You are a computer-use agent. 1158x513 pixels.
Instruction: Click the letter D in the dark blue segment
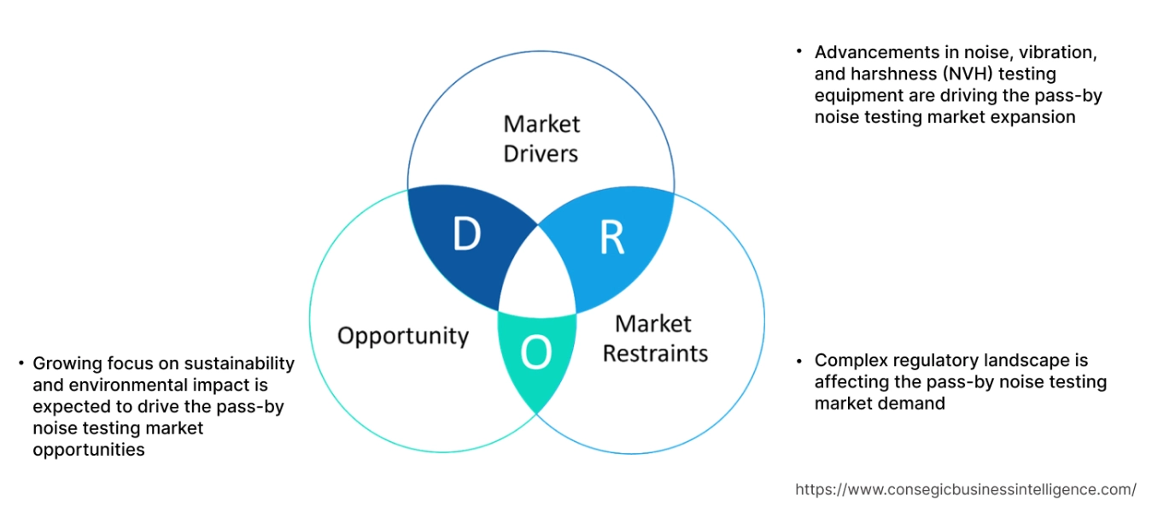click(x=466, y=234)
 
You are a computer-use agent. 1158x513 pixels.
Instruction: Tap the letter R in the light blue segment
click(x=611, y=239)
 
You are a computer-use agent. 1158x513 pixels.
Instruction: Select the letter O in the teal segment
click(x=536, y=352)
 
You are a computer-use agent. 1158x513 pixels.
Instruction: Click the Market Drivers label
click(x=541, y=139)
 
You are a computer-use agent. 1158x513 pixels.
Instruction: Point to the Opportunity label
click(x=403, y=335)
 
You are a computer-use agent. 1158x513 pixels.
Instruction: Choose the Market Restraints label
click(x=655, y=339)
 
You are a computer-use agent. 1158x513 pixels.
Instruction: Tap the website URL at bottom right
click(x=966, y=489)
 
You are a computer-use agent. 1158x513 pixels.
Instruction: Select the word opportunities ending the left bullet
click(x=89, y=449)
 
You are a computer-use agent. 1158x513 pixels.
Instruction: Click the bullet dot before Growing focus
click(x=20, y=363)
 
